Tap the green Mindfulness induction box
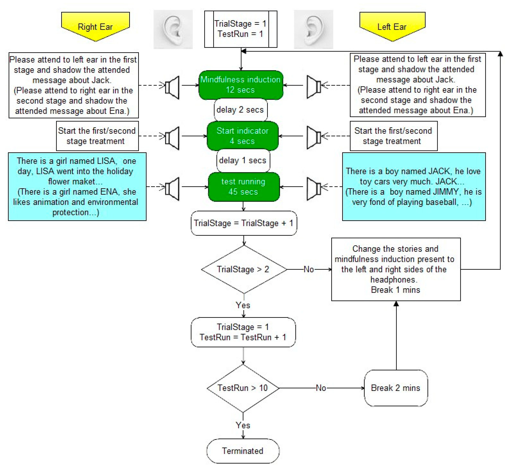coord(240,85)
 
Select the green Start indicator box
coord(242,136)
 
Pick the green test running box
coord(243,187)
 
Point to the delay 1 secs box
coord(243,161)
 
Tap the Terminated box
coord(243,451)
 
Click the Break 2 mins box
coord(396,388)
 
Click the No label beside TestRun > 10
coord(321,388)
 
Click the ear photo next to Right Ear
coord(173,29)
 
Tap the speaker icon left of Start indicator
coord(172,138)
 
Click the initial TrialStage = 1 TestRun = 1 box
coord(240,29)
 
